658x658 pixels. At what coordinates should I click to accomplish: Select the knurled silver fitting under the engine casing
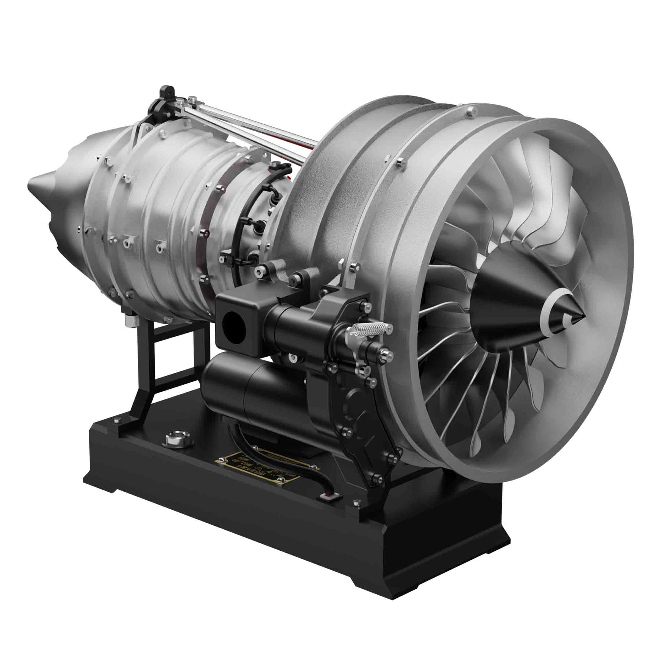point(131,320)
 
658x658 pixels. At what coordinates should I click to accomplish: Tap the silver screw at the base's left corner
point(117,421)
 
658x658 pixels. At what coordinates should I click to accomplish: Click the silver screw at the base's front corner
point(357,502)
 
